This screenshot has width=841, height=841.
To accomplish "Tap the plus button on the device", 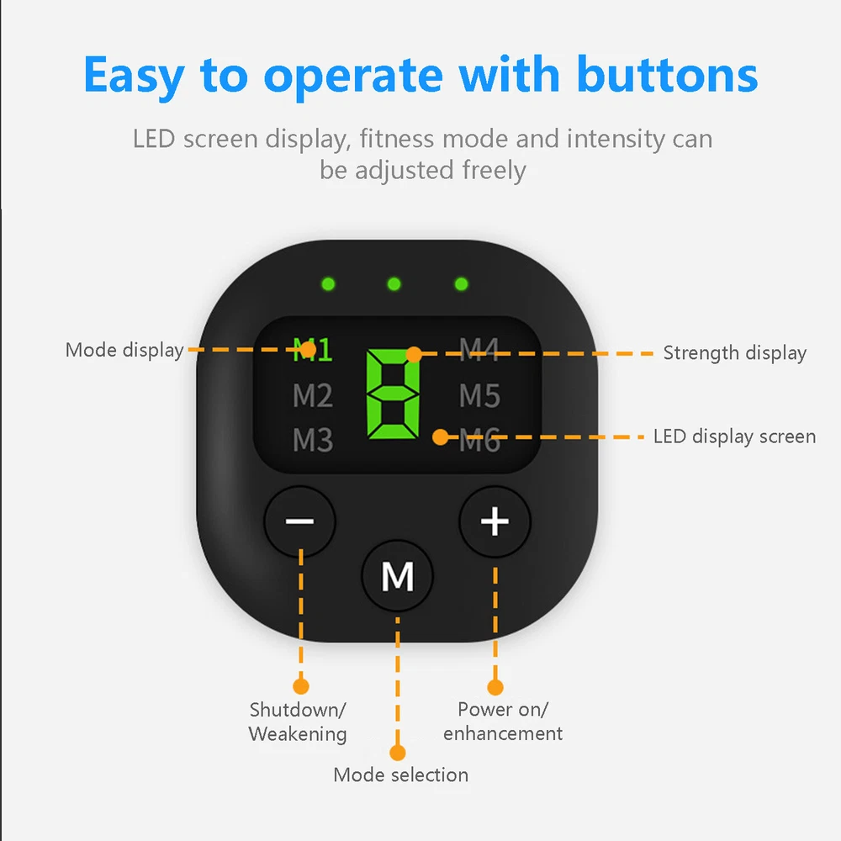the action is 495,521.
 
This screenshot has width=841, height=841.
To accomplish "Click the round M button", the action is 398,576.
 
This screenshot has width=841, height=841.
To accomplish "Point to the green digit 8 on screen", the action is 393,394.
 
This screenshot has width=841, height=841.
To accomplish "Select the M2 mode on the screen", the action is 313,396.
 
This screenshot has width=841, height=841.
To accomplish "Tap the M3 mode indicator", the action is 313,440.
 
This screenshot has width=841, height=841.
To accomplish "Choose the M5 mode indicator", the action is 479,396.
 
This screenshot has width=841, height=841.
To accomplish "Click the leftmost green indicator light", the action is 328,283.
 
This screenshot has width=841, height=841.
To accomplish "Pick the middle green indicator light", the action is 394,283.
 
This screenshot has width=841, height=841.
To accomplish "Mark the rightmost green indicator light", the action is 461,283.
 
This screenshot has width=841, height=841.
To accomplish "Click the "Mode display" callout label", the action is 124,351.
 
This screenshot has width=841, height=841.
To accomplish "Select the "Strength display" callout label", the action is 735,353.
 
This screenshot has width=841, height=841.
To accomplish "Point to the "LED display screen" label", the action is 734,436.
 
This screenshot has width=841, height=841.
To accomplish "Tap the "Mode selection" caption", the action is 400,775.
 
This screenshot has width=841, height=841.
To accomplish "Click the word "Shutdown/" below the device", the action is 298,710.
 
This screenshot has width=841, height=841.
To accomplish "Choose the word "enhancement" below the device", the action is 503,733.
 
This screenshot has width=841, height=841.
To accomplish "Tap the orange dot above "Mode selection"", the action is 398,753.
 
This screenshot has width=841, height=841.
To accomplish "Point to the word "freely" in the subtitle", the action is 494,171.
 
